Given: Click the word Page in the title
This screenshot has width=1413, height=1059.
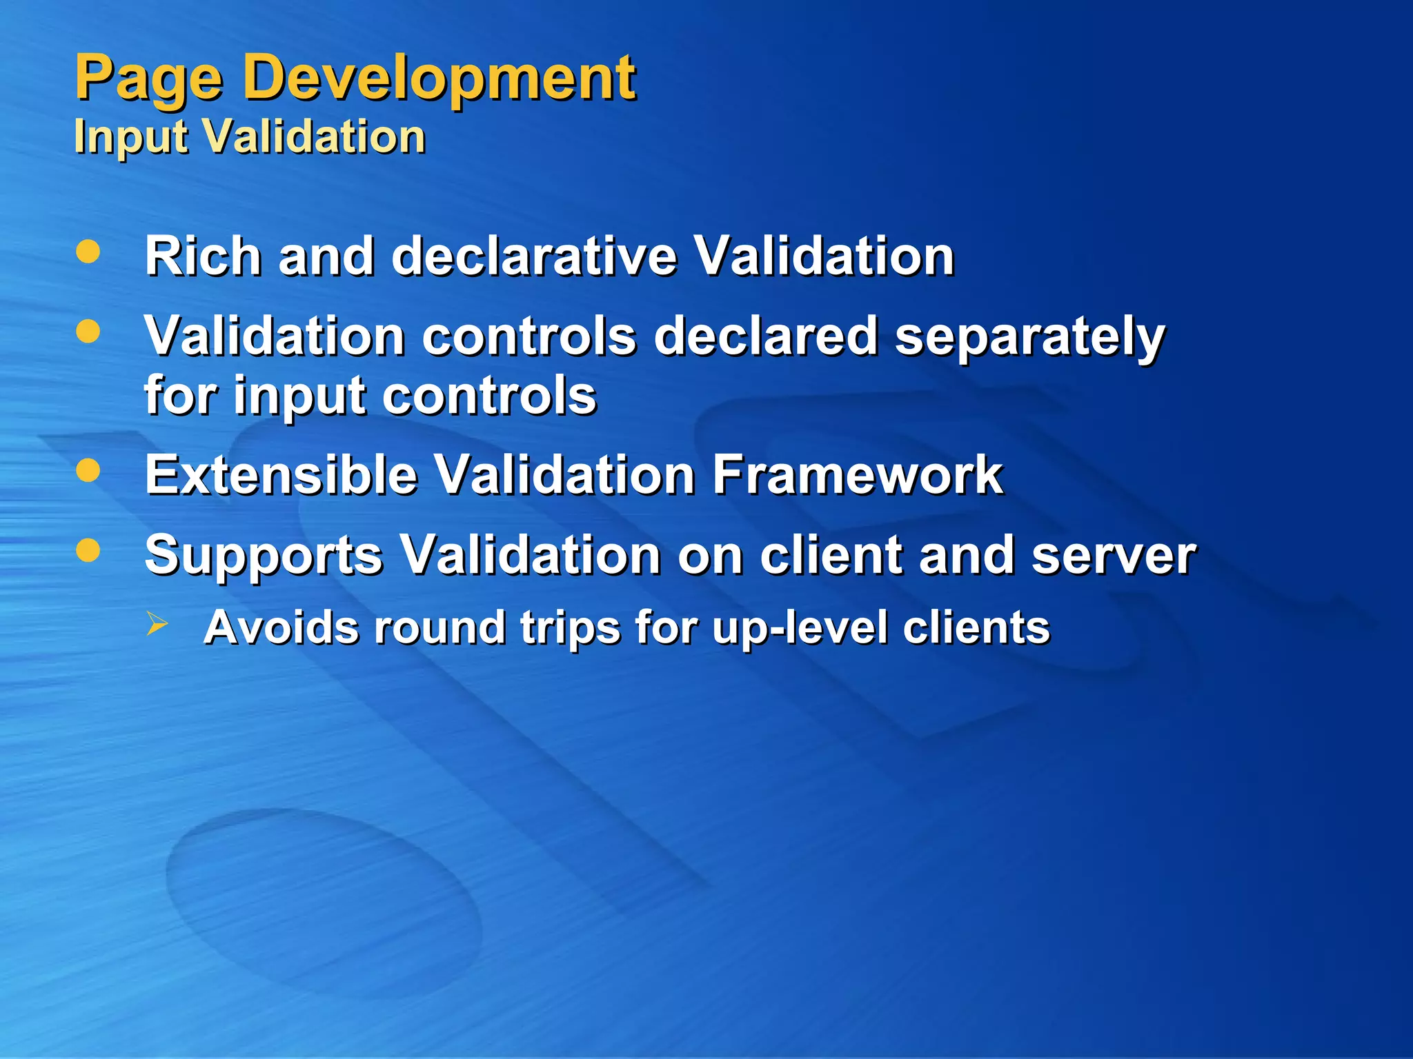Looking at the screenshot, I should click(x=148, y=79).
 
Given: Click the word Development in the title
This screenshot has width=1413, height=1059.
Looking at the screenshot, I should click(x=439, y=79).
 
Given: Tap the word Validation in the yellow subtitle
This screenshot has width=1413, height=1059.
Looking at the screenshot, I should click(x=315, y=136).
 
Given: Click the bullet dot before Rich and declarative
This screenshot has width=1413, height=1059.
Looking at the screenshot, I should click(x=88, y=252).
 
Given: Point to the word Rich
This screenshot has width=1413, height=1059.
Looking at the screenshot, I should click(x=203, y=256).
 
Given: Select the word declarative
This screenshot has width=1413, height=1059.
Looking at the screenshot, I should click(x=534, y=256).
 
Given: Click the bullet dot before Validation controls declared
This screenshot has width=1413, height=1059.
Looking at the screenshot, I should click(x=88, y=332).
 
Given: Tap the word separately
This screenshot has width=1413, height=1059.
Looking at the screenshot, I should click(x=1029, y=337).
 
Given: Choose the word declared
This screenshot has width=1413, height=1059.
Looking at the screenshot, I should click(x=765, y=336).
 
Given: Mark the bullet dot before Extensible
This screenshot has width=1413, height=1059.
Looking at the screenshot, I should click(x=88, y=471).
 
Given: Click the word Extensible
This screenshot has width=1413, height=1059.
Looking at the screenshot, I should click(x=281, y=475).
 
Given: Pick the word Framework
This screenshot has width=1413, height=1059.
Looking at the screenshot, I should click(x=857, y=475).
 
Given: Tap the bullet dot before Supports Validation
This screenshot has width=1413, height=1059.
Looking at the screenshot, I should click(x=88, y=550).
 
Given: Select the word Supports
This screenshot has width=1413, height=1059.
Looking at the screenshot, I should click(x=264, y=556).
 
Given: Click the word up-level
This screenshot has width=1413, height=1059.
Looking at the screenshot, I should click(x=800, y=628).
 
